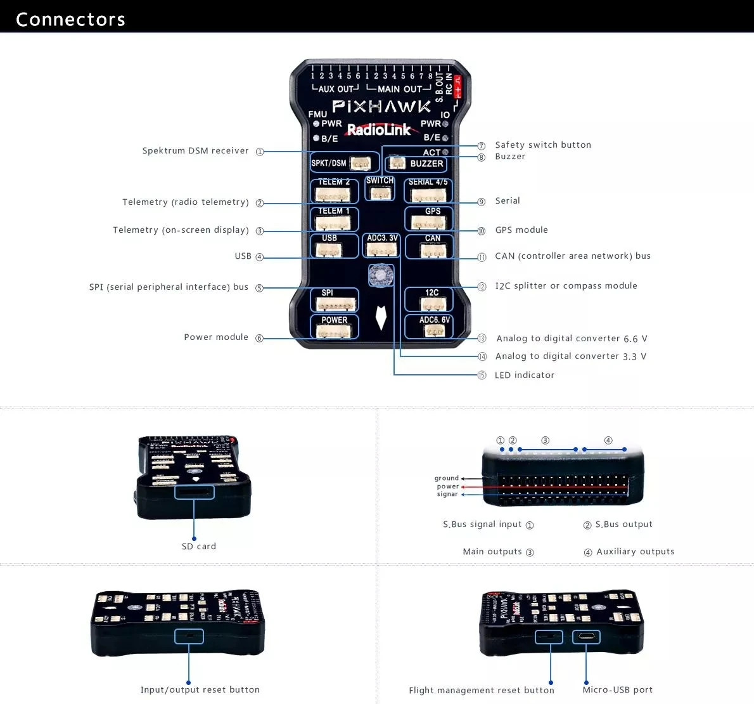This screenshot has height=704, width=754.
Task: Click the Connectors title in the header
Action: tap(70, 19)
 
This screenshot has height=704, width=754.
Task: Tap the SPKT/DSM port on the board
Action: tap(345, 162)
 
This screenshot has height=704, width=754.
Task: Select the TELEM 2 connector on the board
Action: tap(334, 191)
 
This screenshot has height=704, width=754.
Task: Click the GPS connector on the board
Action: tap(429, 219)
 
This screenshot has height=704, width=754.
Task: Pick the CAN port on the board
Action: tap(429, 247)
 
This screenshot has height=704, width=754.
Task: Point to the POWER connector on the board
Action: tap(334, 327)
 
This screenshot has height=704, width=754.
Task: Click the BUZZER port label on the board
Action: tap(426, 164)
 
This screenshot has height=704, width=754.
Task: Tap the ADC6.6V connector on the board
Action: tap(429, 327)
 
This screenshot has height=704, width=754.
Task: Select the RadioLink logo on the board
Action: tap(379, 130)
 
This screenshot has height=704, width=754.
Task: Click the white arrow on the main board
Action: tap(381, 318)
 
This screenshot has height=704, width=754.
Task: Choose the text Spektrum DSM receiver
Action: tap(195, 151)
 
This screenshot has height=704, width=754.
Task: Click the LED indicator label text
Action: tap(525, 375)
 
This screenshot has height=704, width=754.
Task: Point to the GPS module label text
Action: tap(521, 230)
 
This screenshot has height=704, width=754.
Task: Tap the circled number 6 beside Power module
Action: tap(259, 339)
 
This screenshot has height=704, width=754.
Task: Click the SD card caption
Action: tap(199, 547)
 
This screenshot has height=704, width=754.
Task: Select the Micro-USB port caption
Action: tap(618, 690)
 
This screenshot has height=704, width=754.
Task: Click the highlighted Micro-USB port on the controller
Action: tap(586, 636)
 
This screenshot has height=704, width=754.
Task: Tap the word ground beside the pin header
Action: tap(447, 478)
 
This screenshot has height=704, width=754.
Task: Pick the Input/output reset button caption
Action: tap(200, 690)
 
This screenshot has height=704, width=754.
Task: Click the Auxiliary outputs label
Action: tap(636, 552)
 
